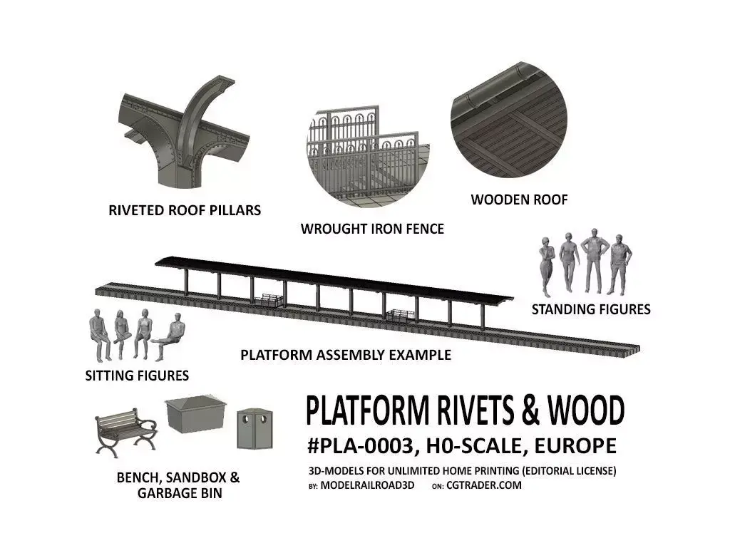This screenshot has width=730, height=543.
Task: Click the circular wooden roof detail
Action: point(508,131)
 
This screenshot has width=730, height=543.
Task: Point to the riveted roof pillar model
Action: point(185,133)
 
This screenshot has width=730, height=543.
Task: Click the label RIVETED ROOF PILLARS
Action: point(185,210)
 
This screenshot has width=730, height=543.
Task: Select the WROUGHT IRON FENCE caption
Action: point(372,229)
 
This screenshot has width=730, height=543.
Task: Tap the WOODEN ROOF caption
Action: point(519,200)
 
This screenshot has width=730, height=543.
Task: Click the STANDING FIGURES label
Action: point(591,309)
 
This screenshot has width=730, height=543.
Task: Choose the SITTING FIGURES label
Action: point(137,375)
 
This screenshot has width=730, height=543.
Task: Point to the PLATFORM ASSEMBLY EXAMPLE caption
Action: point(346,355)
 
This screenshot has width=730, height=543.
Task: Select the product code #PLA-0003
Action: point(359,447)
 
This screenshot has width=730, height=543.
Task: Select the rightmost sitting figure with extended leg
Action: point(169,339)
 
